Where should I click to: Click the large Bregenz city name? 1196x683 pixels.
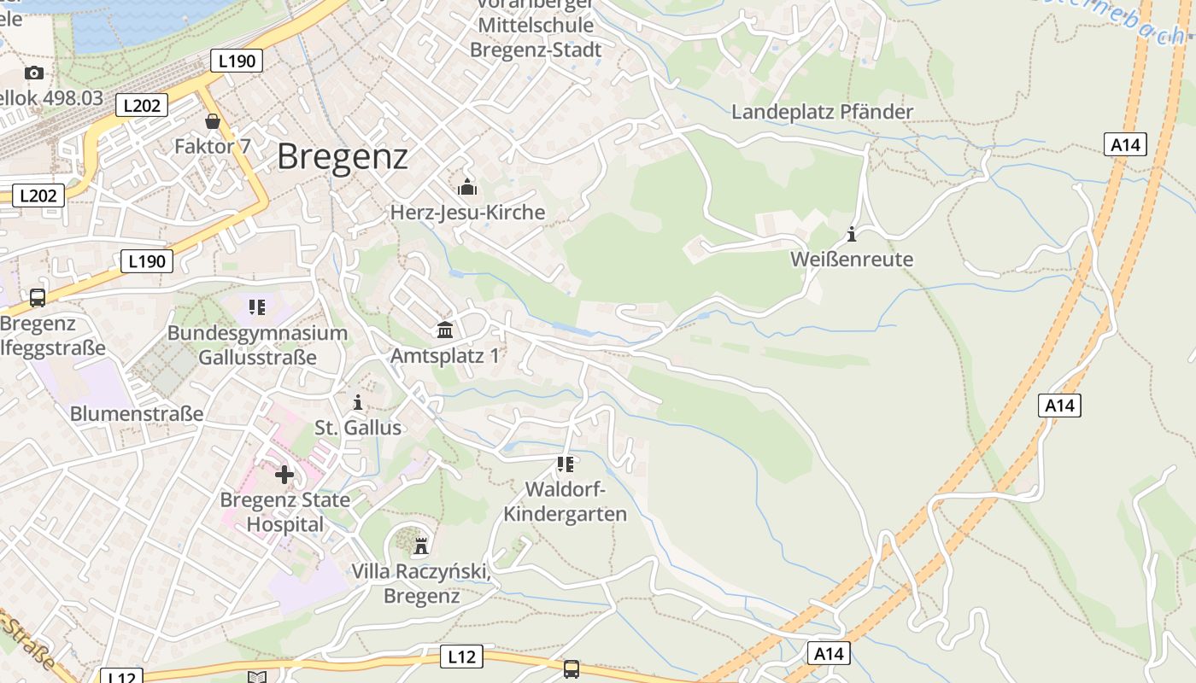coord(343,157)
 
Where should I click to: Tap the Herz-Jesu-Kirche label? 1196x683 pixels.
coord(467,213)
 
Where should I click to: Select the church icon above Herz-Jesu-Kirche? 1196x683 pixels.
coord(467,187)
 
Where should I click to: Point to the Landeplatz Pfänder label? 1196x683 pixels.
coord(822,112)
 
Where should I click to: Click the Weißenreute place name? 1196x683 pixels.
coord(852,260)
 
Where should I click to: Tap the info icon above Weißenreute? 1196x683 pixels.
coord(852,234)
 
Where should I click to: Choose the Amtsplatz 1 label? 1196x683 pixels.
coord(445,355)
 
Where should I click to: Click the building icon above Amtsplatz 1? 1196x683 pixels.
coord(445,330)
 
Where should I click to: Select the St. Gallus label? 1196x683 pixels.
coord(358,428)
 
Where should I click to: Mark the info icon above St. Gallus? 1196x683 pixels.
coord(358,402)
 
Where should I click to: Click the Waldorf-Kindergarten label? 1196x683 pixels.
coord(565,502)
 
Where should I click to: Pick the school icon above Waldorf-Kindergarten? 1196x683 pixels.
coord(565,464)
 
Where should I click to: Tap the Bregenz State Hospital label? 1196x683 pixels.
coord(284,512)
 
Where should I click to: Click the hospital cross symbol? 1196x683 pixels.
coord(284,475)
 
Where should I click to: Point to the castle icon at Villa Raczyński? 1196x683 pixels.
coord(420,546)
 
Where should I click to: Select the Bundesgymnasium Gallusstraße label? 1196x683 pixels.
coord(257,345)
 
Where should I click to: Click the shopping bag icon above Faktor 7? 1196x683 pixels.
coord(213,122)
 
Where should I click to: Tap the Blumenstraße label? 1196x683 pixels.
coord(137,414)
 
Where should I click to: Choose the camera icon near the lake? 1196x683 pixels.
coord(34,73)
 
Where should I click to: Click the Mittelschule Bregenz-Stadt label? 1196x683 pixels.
coord(536,38)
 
